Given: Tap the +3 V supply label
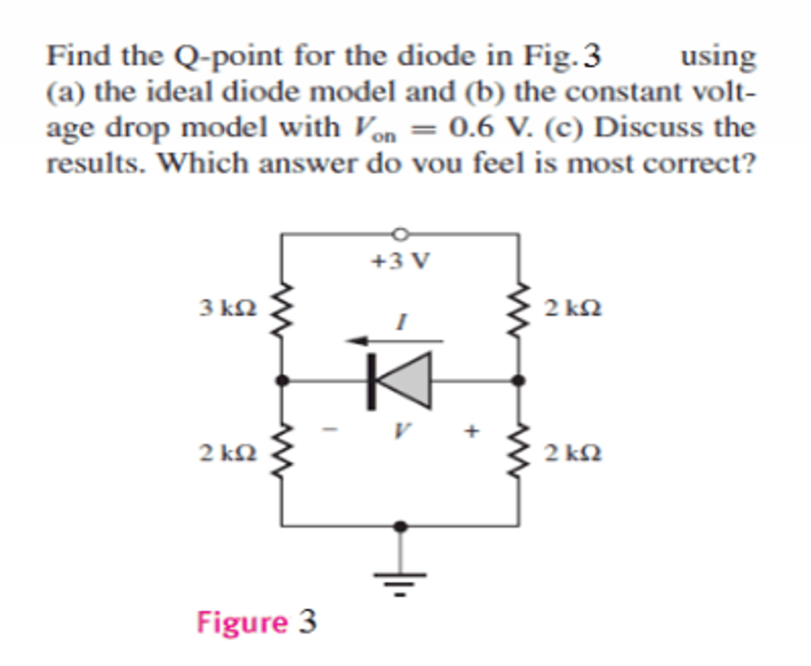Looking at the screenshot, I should tap(401, 261).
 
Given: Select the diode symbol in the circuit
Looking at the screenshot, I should tap(401, 380).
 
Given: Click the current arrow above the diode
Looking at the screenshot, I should tap(394, 341).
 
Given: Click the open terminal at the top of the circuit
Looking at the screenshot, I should tap(401, 234).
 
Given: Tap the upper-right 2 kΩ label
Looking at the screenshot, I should tap(573, 308).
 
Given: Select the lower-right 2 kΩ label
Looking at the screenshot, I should tap(573, 454).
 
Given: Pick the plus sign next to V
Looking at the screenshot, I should tap(472, 432).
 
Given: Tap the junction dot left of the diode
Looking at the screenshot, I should tap(283, 381).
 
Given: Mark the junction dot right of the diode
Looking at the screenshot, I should tap(519, 381).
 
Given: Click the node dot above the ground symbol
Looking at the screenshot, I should tap(401, 526).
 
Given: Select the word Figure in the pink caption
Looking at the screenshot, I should tap(242, 622).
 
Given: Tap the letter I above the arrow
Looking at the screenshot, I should tap(401, 322).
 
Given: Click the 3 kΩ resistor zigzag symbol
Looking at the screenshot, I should tap(283, 306).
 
